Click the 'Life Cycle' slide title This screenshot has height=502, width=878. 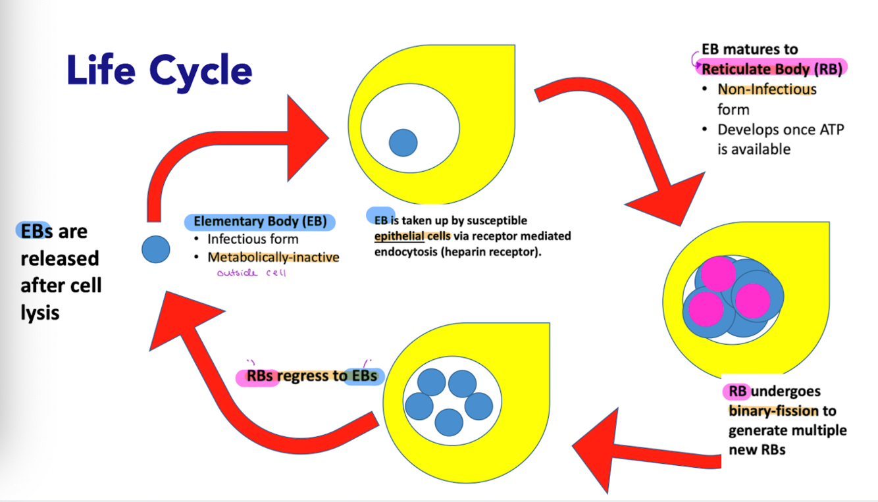[x=159, y=71]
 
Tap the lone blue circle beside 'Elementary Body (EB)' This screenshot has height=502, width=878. [x=156, y=250]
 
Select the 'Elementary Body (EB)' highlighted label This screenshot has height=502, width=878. [x=260, y=222]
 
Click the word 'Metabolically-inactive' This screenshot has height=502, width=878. [x=274, y=257]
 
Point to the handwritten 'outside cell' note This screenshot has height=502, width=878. [x=251, y=272]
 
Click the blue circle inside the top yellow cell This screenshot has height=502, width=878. [x=403, y=143]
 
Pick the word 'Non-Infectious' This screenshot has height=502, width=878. [x=767, y=89]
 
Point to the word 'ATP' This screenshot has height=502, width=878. [x=829, y=130]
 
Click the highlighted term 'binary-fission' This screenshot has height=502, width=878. [x=773, y=411]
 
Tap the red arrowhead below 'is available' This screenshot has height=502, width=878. [x=665, y=201]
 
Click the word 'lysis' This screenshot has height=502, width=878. [x=40, y=313]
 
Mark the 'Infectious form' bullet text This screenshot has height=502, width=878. [x=253, y=239]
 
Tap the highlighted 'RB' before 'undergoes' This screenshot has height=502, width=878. [x=738, y=391]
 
